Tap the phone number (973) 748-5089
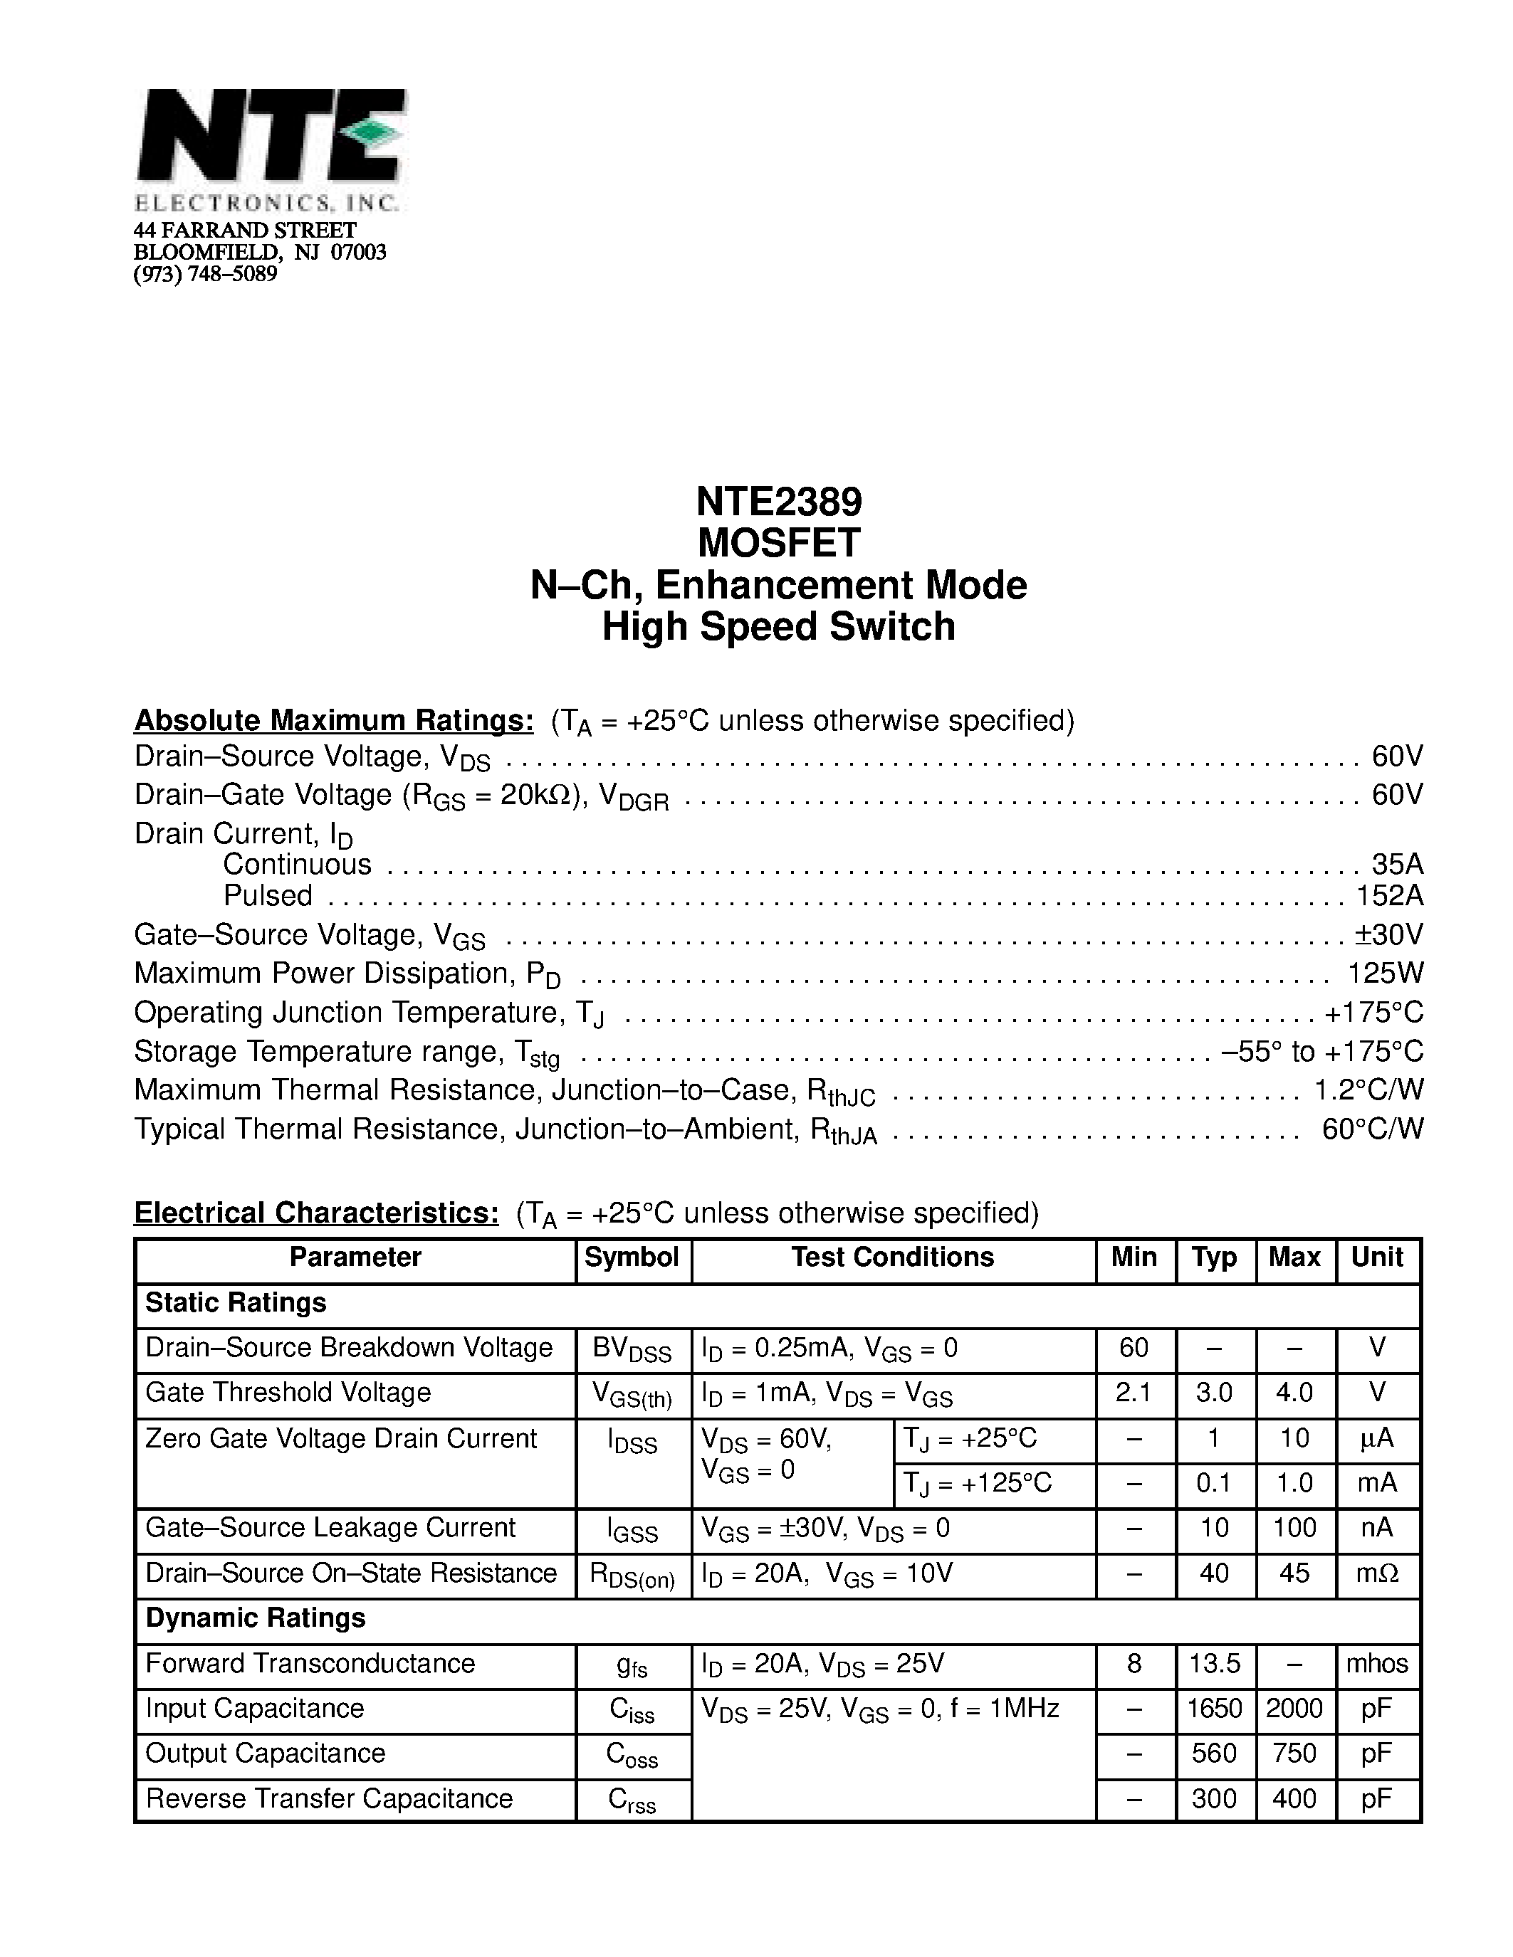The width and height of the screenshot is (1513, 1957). [205, 274]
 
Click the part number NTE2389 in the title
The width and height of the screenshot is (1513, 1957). [778, 502]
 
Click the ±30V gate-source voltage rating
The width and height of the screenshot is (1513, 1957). [1388, 934]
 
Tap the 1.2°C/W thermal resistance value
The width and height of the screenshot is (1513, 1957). [1368, 1090]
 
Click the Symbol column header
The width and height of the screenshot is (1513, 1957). [632, 1257]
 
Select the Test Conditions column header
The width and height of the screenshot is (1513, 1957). [893, 1257]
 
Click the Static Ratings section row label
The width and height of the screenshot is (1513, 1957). [236, 1303]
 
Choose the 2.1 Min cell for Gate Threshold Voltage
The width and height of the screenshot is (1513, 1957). [1134, 1393]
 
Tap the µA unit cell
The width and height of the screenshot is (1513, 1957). [1377, 1438]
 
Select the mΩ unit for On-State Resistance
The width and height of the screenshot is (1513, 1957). [1377, 1573]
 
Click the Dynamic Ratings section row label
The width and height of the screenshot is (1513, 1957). [256, 1618]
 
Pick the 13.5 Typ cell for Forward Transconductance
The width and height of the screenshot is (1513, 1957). [1214, 1664]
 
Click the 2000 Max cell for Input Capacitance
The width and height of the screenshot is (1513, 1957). [1294, 1709]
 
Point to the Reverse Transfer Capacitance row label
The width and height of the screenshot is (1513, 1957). [329, 1798]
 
